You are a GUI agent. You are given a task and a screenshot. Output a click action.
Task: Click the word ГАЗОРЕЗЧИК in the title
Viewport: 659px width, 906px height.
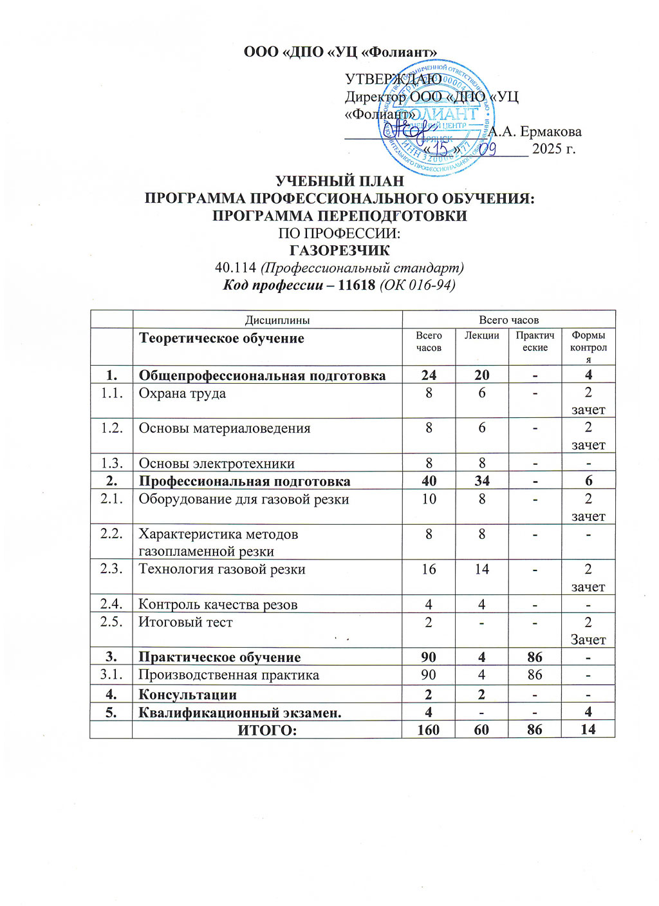(339, 250)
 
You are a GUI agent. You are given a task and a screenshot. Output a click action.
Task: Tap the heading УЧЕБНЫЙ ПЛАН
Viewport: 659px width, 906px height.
(339, 181)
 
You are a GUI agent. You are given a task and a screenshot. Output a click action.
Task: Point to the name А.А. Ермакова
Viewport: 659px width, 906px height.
(535, 132)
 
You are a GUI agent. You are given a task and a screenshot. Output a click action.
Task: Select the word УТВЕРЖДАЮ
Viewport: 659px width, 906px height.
(393, 79)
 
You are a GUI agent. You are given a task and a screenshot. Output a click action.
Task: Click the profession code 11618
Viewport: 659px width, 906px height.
(356, 285)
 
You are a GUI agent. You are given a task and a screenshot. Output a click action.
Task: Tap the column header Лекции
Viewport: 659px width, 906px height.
(481, 335)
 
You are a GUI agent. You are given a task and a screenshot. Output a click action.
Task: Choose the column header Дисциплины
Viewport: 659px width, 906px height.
(268, 319)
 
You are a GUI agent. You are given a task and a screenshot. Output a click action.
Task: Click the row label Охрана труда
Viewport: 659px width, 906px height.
(182, 393)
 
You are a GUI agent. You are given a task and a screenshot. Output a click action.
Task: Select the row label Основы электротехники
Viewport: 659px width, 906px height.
(216, 463)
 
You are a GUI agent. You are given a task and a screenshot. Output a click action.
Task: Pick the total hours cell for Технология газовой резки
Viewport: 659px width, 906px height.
(429, 569)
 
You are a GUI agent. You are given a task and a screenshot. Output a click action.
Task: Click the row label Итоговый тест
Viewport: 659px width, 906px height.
(185, 622)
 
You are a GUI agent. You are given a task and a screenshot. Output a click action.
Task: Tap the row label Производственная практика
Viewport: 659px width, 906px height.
(228, 675)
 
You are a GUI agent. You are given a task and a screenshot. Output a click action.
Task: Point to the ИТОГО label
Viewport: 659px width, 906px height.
(267, 730)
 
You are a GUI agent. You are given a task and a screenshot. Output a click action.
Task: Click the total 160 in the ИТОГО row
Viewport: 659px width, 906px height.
(429, 730)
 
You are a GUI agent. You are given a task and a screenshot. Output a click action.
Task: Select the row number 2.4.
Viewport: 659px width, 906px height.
(111, 604)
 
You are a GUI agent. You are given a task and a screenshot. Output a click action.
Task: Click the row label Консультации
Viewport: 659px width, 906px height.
(187, 695)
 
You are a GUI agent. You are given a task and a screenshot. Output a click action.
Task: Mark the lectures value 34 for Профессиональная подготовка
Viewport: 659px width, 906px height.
(481, 481)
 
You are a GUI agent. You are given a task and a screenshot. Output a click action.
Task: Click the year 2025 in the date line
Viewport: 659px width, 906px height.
(546, 149)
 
